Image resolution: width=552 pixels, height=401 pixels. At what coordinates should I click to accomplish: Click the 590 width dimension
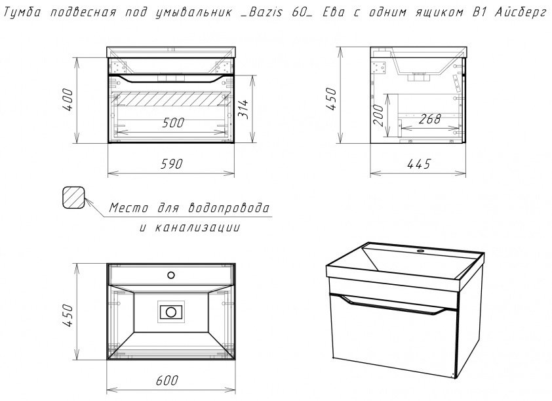172,164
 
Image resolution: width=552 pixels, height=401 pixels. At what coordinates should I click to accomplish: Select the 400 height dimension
68,100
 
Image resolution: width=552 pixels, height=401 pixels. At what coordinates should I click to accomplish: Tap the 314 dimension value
243,109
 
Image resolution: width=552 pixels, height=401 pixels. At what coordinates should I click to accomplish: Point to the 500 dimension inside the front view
173,123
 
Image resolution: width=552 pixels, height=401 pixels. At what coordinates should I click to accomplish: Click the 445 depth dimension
419,164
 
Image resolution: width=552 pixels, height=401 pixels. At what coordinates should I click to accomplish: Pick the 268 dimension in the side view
429,119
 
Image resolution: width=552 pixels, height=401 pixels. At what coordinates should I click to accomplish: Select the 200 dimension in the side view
379,115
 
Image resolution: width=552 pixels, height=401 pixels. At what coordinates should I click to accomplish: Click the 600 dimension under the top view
167,380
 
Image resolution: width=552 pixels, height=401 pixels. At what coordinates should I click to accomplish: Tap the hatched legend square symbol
73,198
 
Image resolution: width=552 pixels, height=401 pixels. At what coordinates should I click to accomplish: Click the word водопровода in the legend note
229,207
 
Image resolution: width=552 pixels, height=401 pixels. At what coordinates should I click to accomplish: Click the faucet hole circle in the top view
171,275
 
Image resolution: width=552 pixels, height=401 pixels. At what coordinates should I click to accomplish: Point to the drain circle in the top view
171,312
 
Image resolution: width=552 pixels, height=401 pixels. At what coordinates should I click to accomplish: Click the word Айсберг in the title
521,13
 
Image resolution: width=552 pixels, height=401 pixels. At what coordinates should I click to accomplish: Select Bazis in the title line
266,12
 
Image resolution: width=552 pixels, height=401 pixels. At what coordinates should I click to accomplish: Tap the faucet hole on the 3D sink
420,251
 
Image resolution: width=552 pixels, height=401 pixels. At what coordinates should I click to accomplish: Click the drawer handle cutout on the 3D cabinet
393,305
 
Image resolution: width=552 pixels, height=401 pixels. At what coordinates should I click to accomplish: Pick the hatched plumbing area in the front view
170,99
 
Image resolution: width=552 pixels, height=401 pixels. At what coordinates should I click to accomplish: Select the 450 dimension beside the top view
68,315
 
